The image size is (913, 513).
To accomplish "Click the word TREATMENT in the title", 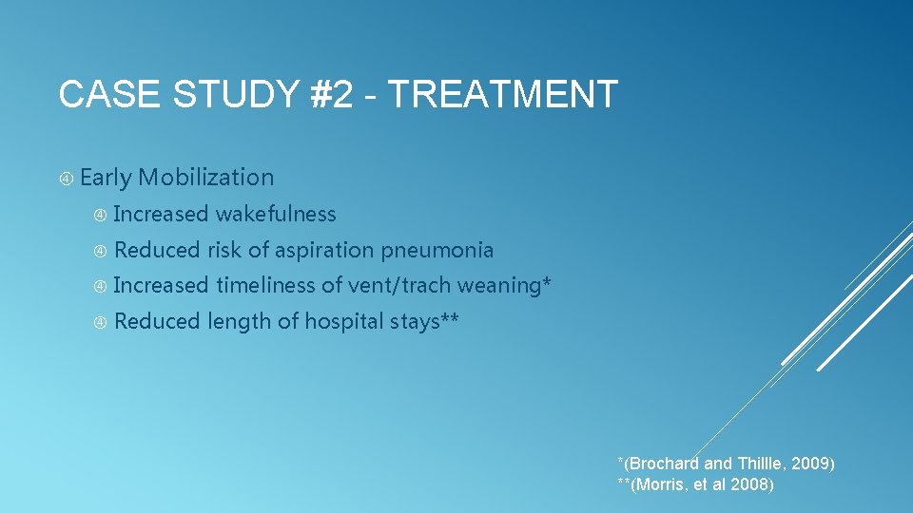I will (503, 95).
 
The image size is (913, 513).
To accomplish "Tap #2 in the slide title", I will (324, 95).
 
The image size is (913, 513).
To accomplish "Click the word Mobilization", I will (205, 178).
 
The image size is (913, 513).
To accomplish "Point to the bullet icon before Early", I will (67, 179).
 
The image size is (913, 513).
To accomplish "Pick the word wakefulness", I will (276, 215).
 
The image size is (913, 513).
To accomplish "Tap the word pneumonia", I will (437, 251).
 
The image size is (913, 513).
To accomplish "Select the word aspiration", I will (325, 251).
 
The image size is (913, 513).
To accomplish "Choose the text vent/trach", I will (399, 286).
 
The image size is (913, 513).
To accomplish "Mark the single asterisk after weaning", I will (547, 282).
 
